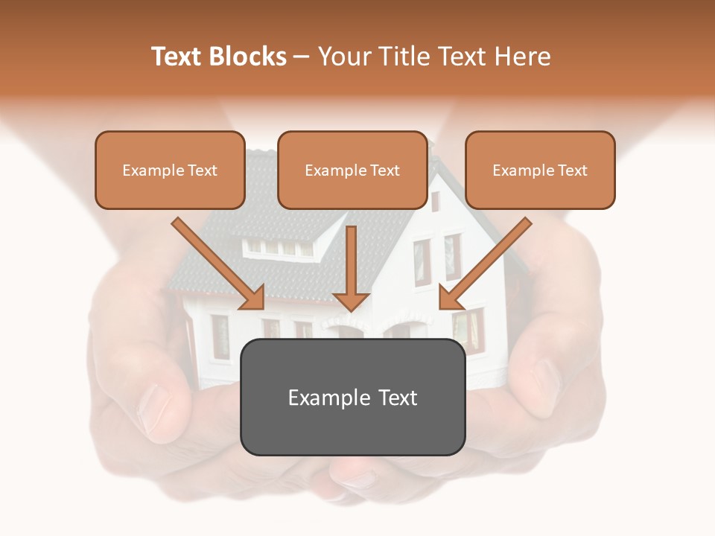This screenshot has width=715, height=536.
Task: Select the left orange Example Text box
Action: click(x=170, y=170)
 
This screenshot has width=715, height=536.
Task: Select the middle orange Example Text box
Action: click(x=352, y=170)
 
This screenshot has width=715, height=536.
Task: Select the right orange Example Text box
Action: click(x=540, y=170)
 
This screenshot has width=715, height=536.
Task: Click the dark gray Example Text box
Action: click(x=352, y=397)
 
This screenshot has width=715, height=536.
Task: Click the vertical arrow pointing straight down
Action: click(x=351, y=261)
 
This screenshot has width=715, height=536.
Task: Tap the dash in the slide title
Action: click(x=302, y=57)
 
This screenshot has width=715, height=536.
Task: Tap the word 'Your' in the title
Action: click(x=343, y=57)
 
